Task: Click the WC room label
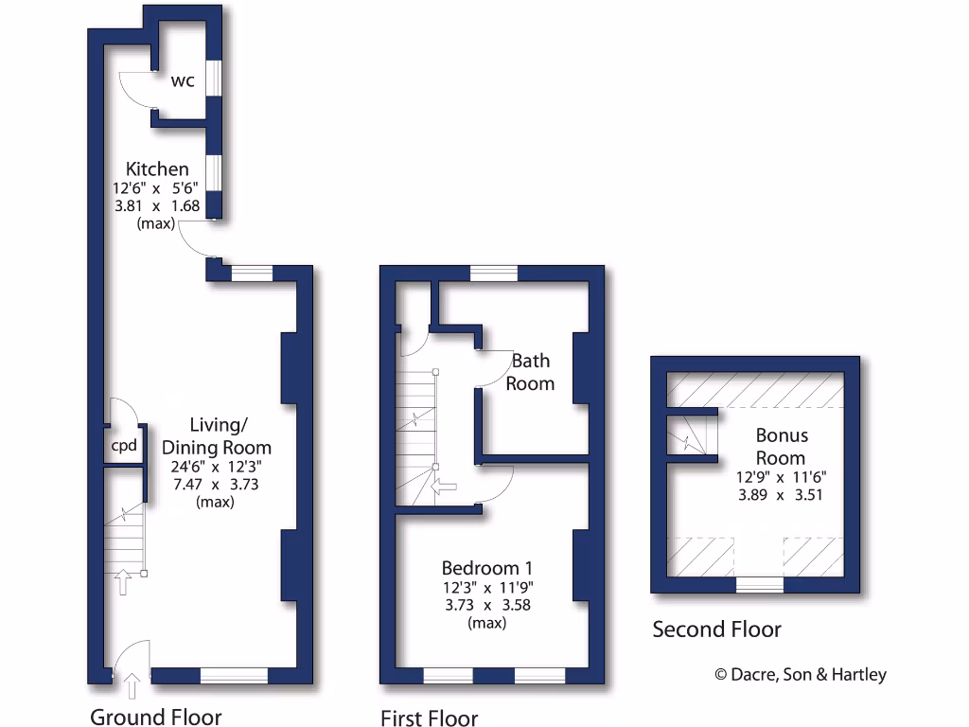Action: tap(183, 81)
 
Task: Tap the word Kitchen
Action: tap(157, 168)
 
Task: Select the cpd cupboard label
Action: tap(125, 446)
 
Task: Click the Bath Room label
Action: tap(530, 372)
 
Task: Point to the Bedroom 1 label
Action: tap(487, 568)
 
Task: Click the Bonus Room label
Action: tap(782, 447)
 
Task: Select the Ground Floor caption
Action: tap(156, 716)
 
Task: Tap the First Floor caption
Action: tap(429, 718)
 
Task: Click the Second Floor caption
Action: tap(716, 629)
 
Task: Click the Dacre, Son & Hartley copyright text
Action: tap(800, 674)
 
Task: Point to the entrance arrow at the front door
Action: tap(131, 683)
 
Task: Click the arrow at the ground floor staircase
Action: tap(121, 581)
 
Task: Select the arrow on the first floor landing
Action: tap(444, 487)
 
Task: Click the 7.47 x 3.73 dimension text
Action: tap(216, 484)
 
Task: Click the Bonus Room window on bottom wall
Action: tap(760, 584)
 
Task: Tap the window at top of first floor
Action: tap(494, 274)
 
